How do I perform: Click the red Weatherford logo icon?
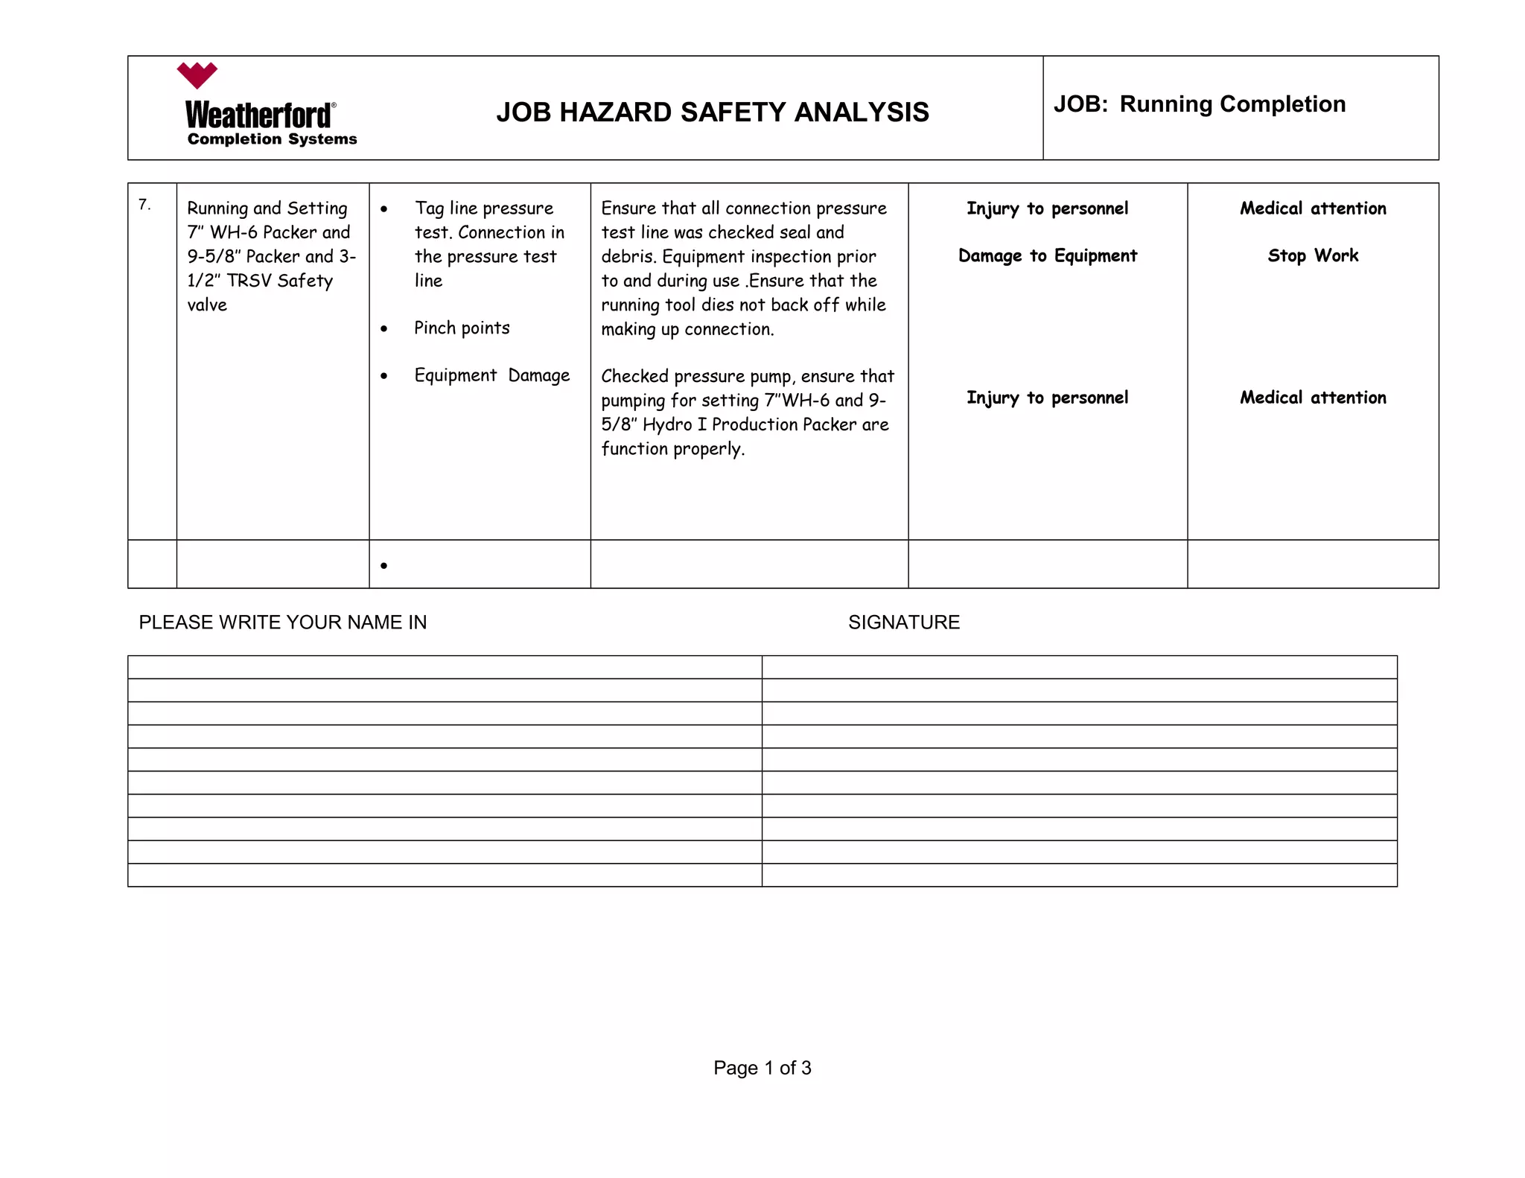point(197,75)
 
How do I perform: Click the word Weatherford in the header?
point(258,115)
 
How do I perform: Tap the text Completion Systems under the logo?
point(272,139)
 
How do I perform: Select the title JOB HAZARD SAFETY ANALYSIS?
point(712,112)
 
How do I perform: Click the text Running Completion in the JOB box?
point(1232,104)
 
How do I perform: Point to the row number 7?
point(144,205)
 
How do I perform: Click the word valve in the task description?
point(207,305)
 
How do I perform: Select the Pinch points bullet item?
point(462,328)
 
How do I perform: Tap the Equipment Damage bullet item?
point(491,375)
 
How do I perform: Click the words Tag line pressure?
point(484,208)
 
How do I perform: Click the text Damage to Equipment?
point(1047,256)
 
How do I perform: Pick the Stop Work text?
point(1313,256)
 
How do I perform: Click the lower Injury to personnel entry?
point(1047,398)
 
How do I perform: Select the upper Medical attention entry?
point(1313,208)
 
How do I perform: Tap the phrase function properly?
point(672,449)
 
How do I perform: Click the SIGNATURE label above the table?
point(903,623)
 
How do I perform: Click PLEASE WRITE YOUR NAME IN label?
point(283,623)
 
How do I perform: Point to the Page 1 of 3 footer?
point(762,1068)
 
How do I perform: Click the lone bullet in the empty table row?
point(383,566)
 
